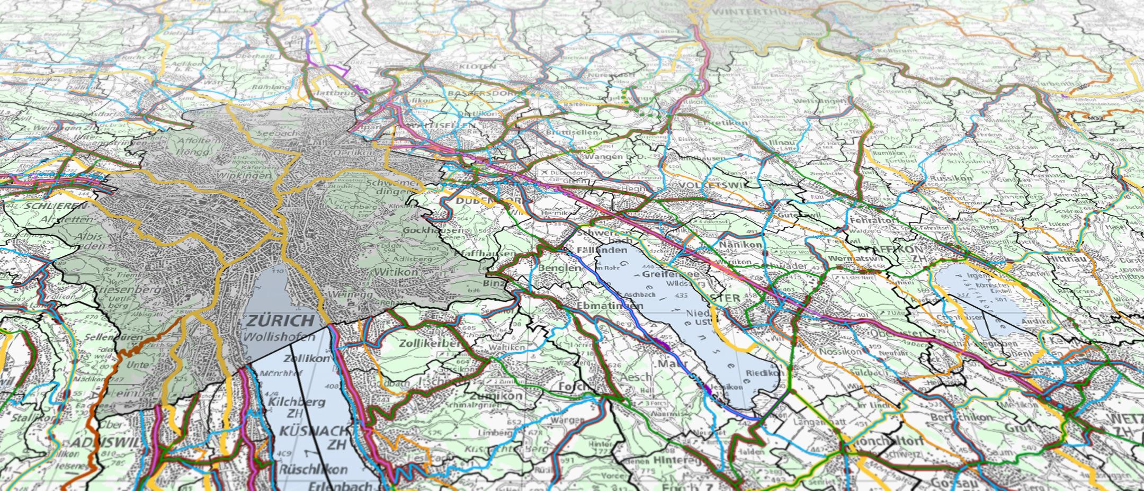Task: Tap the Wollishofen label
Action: [279, 337]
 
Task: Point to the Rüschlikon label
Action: [313, 469]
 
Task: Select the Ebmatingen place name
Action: [610, 306]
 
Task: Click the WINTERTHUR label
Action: [747, 12]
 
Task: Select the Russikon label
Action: [953, 178]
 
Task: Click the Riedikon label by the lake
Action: [764, 373]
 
